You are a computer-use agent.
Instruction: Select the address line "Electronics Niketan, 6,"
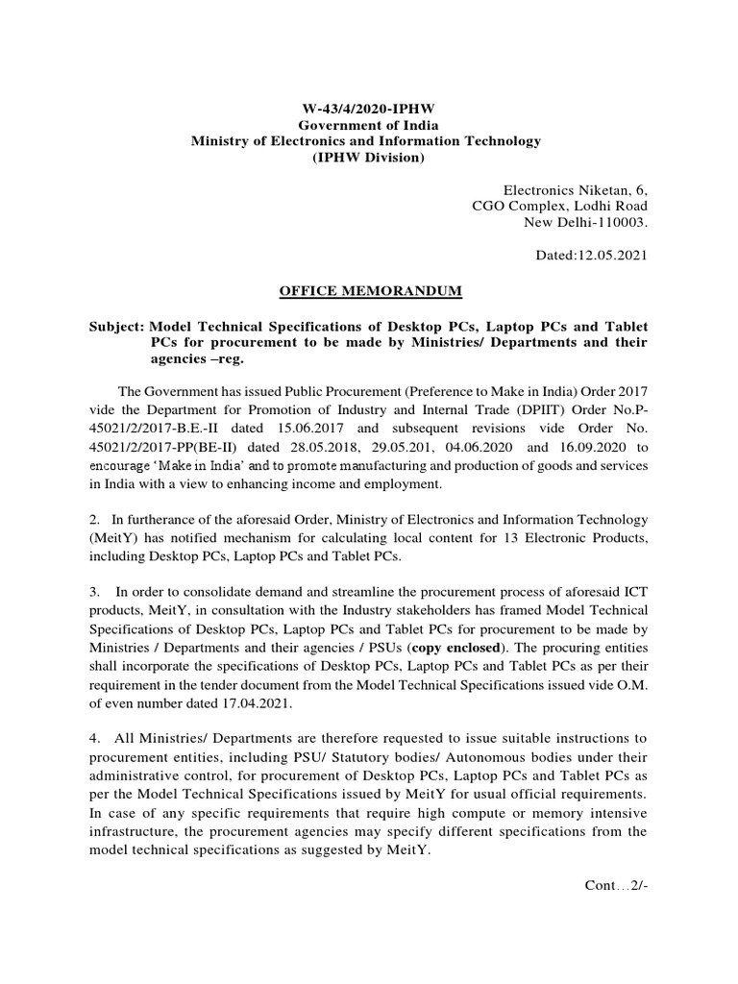576,190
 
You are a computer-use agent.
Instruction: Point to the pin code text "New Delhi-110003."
585,222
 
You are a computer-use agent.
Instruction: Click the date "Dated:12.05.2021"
591,255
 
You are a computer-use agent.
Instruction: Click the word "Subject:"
116,326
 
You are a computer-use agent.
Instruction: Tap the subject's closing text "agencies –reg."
197,358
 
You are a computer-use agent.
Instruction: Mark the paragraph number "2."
94,520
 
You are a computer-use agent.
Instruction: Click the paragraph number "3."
94,591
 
